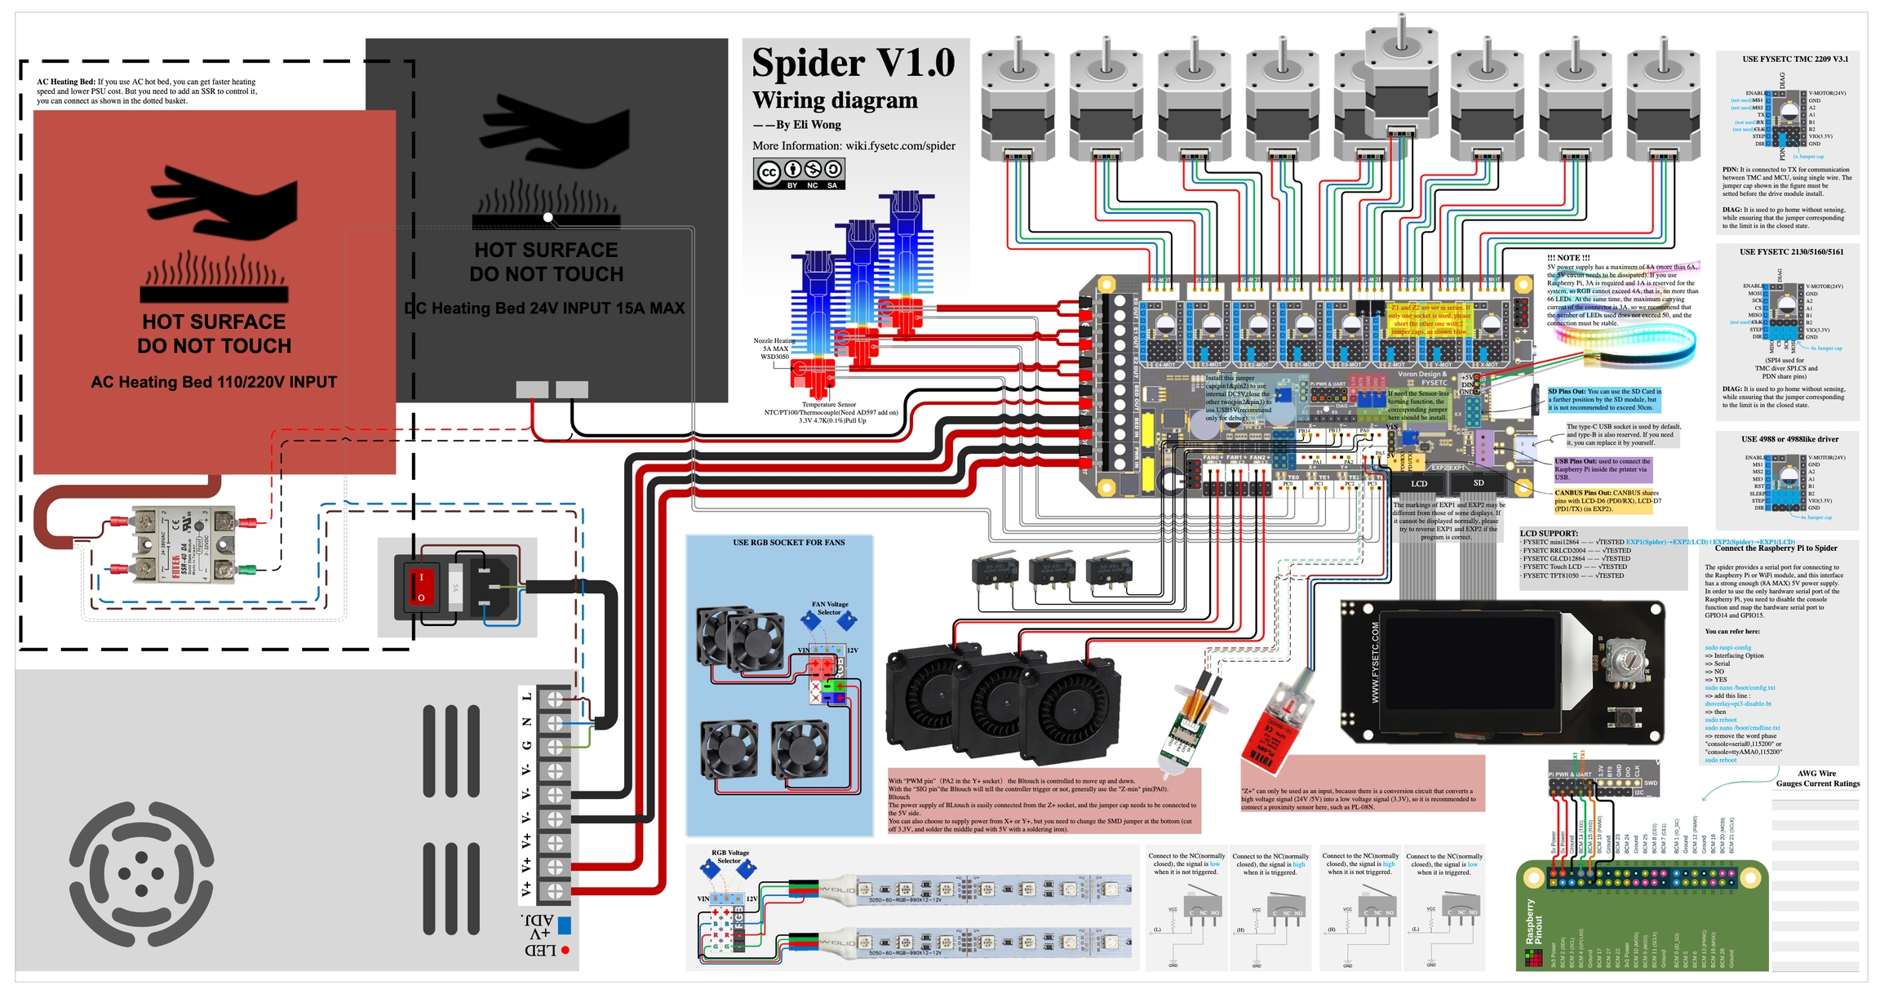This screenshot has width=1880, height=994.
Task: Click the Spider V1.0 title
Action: tap(853, 64)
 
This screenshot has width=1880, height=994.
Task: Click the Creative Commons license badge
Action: tap(798, 173)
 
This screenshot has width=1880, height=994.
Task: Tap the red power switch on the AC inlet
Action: tap(421, 587)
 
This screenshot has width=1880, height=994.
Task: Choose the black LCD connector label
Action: tap(1419, 484)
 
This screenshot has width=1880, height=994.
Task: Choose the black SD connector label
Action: tap(1479, 483)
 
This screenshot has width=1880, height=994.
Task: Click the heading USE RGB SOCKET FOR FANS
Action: tap(788, 543)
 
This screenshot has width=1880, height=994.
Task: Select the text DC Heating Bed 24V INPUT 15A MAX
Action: tap(545, 308)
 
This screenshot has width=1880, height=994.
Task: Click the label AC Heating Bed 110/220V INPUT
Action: tap(214, 382)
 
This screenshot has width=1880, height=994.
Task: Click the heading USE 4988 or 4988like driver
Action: tap(1789, 439)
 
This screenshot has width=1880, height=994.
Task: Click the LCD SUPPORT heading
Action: tap(1549, 534)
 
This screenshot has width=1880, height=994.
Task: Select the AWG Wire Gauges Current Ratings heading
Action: tap(1818, 779)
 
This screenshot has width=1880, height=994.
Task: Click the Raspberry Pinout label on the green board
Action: tap(1533, 922)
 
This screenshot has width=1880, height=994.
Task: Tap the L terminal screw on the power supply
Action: tap(555, 699)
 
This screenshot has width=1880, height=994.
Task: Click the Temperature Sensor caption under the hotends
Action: tap(828, 404)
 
